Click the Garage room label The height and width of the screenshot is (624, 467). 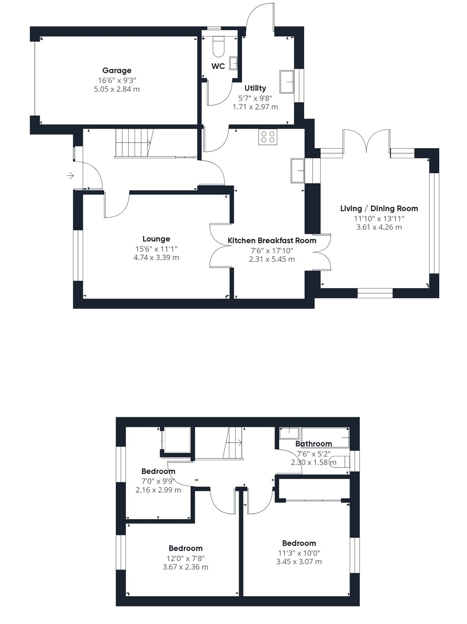117,71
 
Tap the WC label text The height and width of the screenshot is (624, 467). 218,66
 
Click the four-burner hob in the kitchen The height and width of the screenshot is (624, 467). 268,137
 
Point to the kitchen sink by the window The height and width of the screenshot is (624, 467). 298,170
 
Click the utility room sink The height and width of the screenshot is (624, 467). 287,82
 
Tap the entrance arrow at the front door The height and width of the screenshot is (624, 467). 70,175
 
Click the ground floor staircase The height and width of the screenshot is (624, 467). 134,143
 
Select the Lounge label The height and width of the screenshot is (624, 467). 156,239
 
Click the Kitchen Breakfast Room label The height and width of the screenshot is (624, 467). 272,241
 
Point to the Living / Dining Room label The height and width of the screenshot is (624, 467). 379,209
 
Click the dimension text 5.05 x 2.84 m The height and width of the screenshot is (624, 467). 117,89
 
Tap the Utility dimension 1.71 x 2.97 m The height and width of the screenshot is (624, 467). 256,107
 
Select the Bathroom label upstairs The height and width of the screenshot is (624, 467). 314,444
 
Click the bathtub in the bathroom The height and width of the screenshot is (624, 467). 325,437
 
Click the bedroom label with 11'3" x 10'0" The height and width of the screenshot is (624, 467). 299,543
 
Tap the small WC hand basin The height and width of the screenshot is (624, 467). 233,63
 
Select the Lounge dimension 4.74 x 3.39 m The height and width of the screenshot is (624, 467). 156,258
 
